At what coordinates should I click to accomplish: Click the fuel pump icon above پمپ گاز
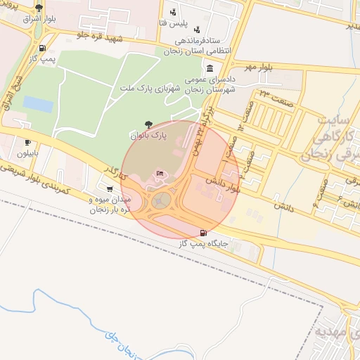coord(44,49)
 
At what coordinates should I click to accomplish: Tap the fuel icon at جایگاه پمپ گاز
coord(204,233)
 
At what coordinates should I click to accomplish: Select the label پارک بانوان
coord(149,134)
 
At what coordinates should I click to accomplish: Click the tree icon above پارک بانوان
coord(148,124)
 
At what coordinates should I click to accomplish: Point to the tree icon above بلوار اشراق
coord(39,8)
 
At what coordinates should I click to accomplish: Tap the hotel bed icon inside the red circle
coord(160,173)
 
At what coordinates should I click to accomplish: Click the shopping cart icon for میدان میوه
coord(110,188)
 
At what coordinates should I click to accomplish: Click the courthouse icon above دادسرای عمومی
coord(211,68)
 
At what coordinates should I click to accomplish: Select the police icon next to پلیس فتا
coord(173,12)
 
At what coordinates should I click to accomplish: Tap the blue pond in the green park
coord(38,104)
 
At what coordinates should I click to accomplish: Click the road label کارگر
coord(113,172)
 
